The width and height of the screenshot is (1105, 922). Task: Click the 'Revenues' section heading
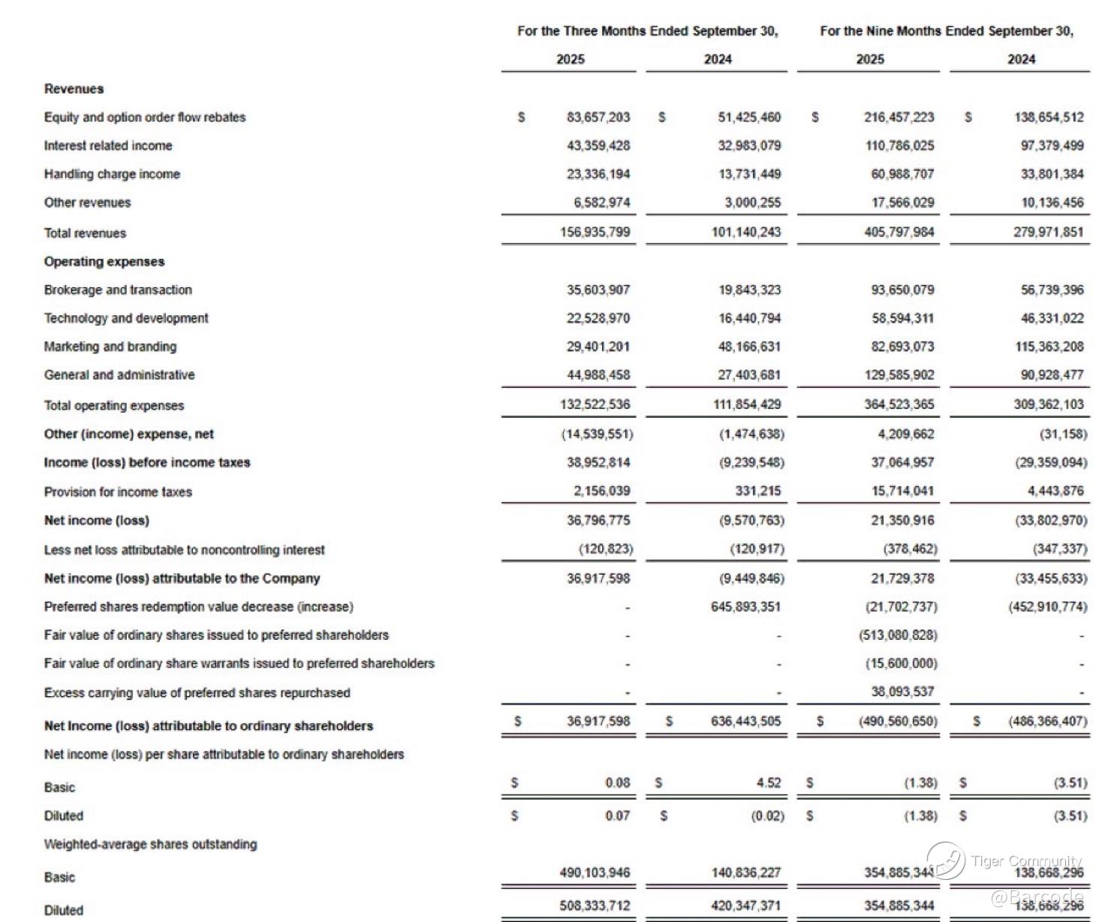tap(74, 89)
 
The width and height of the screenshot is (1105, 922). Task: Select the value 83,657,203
tap(598, 117)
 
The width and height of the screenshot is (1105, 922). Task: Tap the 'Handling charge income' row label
tap(112, 174)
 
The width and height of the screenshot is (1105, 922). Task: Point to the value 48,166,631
tap(749, 347)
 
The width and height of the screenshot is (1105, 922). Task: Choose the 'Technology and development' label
tap(126, 318)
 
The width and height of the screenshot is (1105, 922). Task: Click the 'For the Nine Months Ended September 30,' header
tap(946, 31)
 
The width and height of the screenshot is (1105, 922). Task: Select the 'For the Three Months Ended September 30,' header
tap(647, 31)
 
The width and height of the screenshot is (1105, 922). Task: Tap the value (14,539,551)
tap(597, 434)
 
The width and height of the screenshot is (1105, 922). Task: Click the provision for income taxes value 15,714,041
tap(902, 491)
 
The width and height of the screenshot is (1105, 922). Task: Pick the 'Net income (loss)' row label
tap(96, 520)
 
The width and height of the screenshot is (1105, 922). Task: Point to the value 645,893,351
tap(745, 606)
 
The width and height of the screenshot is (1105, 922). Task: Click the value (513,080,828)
tap(898, 635)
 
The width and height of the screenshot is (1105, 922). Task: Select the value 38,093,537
tap(902, 692)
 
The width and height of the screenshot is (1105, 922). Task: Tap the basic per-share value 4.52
tap(768, 782)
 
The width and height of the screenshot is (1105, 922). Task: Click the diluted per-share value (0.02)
tap(767, 815)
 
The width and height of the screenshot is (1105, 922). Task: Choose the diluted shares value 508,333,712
tap(595, 905)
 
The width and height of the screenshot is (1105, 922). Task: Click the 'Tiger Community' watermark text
tap(1026, 860)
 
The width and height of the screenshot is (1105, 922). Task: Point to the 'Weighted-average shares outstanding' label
tap(150, 844)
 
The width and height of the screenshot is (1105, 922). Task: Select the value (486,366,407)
tap(1047, 721)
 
